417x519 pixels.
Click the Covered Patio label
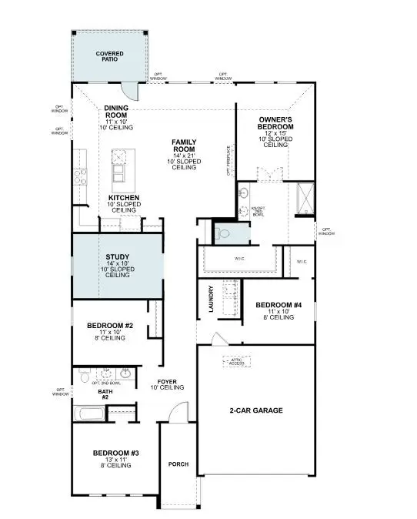(109, 58)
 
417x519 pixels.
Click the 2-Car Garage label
(256, 410)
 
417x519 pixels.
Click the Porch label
(178, 464)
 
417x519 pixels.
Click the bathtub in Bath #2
(92, 414)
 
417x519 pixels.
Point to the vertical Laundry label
(210, 299)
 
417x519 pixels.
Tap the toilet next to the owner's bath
(222, 232)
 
